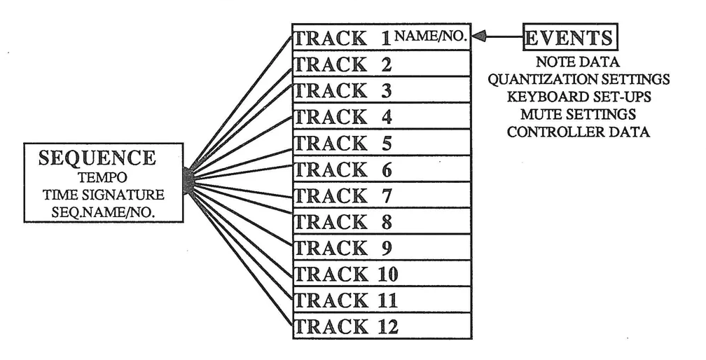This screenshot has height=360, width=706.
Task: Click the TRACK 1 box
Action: tap(380, 38)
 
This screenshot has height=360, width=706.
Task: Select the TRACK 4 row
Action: tap(380, 117)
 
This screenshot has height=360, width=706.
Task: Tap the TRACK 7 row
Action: tap(380, 195)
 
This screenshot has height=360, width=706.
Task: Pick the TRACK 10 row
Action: tap(380, 274)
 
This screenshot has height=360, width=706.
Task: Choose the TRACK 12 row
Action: tap(380, 326)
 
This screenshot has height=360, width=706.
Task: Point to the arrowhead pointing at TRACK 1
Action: tap(480, 38)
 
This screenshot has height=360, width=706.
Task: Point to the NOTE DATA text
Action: tap(579, 63)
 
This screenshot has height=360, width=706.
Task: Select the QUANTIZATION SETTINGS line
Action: tap(579, 80)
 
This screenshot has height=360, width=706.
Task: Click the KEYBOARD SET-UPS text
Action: tap(579, 97)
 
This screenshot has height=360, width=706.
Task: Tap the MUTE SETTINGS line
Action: tap(579, 113)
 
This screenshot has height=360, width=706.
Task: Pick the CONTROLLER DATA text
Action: tap(579, 131)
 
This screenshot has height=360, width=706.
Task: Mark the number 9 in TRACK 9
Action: tap(387, 248)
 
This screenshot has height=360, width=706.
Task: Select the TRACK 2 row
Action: tap(380, 64)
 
